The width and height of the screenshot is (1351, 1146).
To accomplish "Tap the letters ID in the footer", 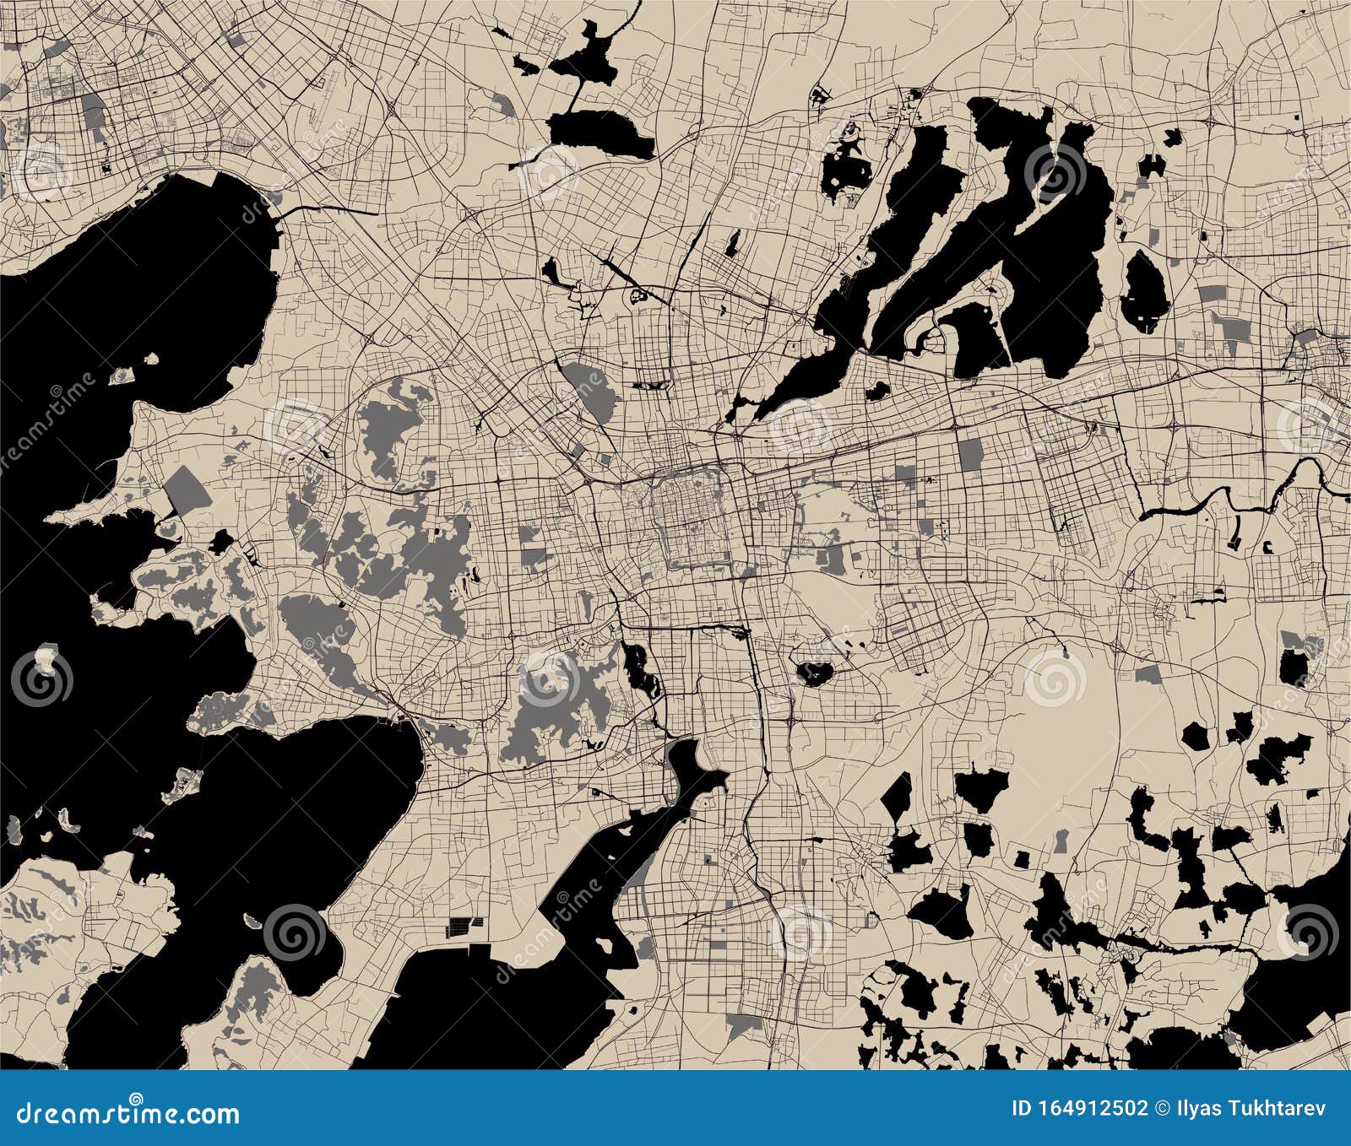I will click(1022, 1108).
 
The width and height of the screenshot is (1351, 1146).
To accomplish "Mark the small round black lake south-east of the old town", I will click(815, 673).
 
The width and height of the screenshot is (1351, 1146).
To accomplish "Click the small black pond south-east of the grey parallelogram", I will click(222, 541).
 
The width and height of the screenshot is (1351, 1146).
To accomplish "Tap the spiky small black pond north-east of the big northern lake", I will click(1174, 135).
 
